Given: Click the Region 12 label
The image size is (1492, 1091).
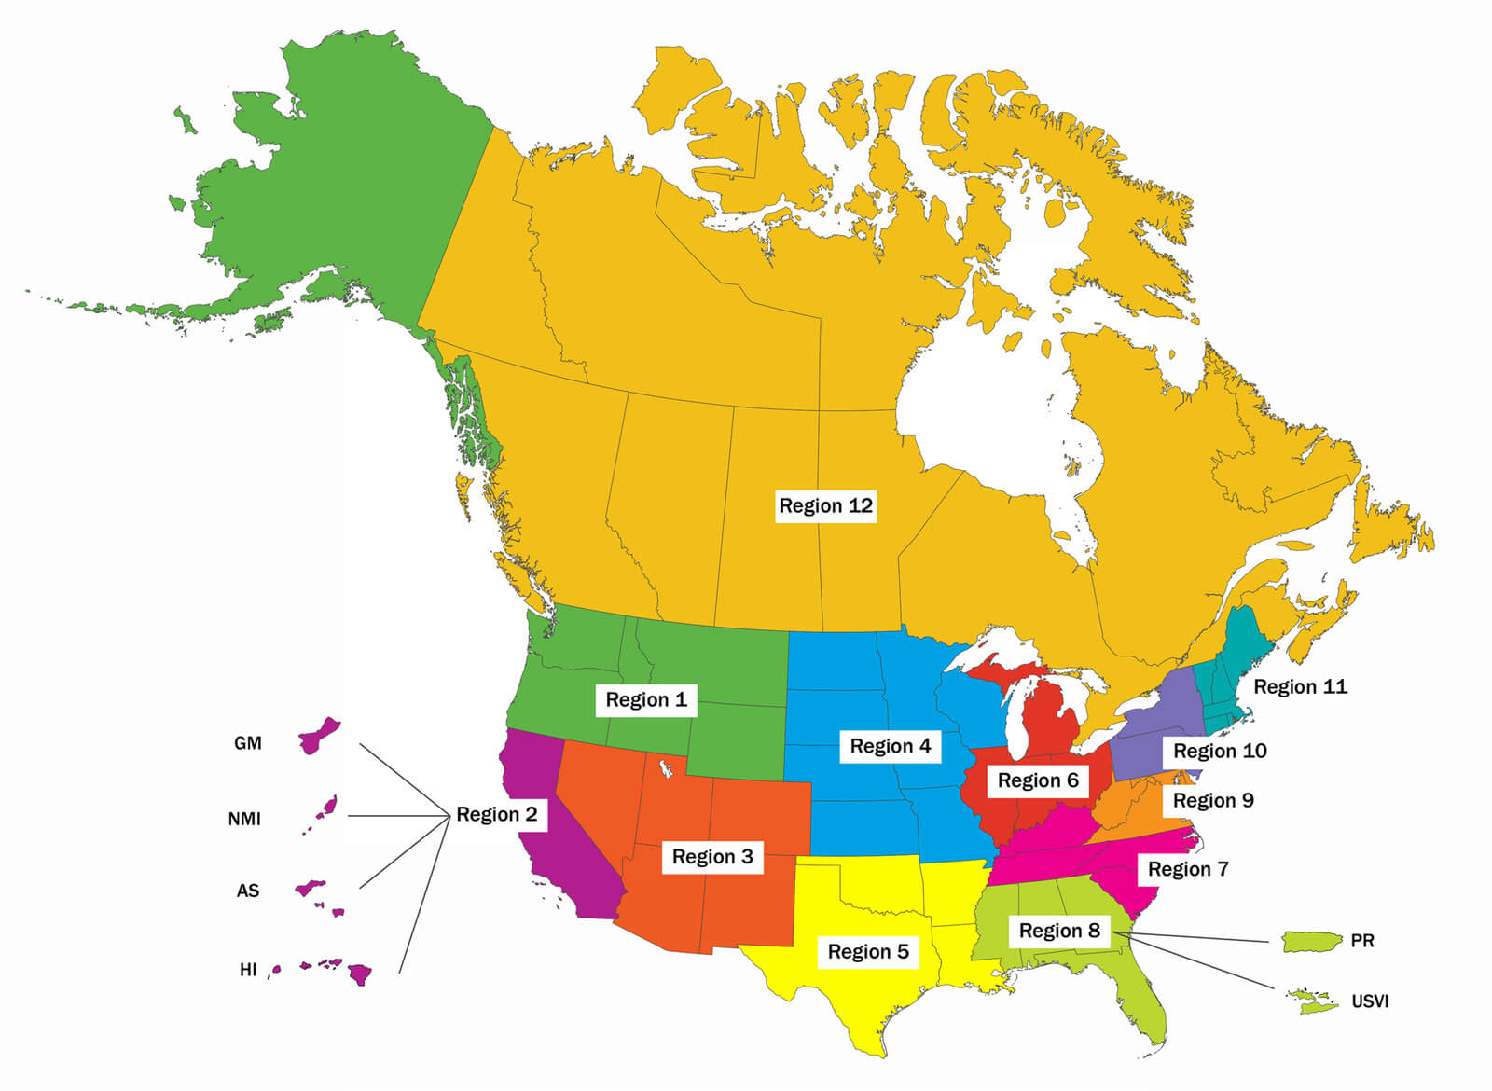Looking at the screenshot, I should tap(825, 505).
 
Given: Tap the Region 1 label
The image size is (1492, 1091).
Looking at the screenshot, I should tap(645, 699).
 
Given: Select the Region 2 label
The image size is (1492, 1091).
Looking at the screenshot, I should tap(496, 814).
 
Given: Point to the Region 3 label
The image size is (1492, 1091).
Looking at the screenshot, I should tap(712, 856).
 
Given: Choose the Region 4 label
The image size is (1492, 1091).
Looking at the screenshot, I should tap(890, 746).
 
